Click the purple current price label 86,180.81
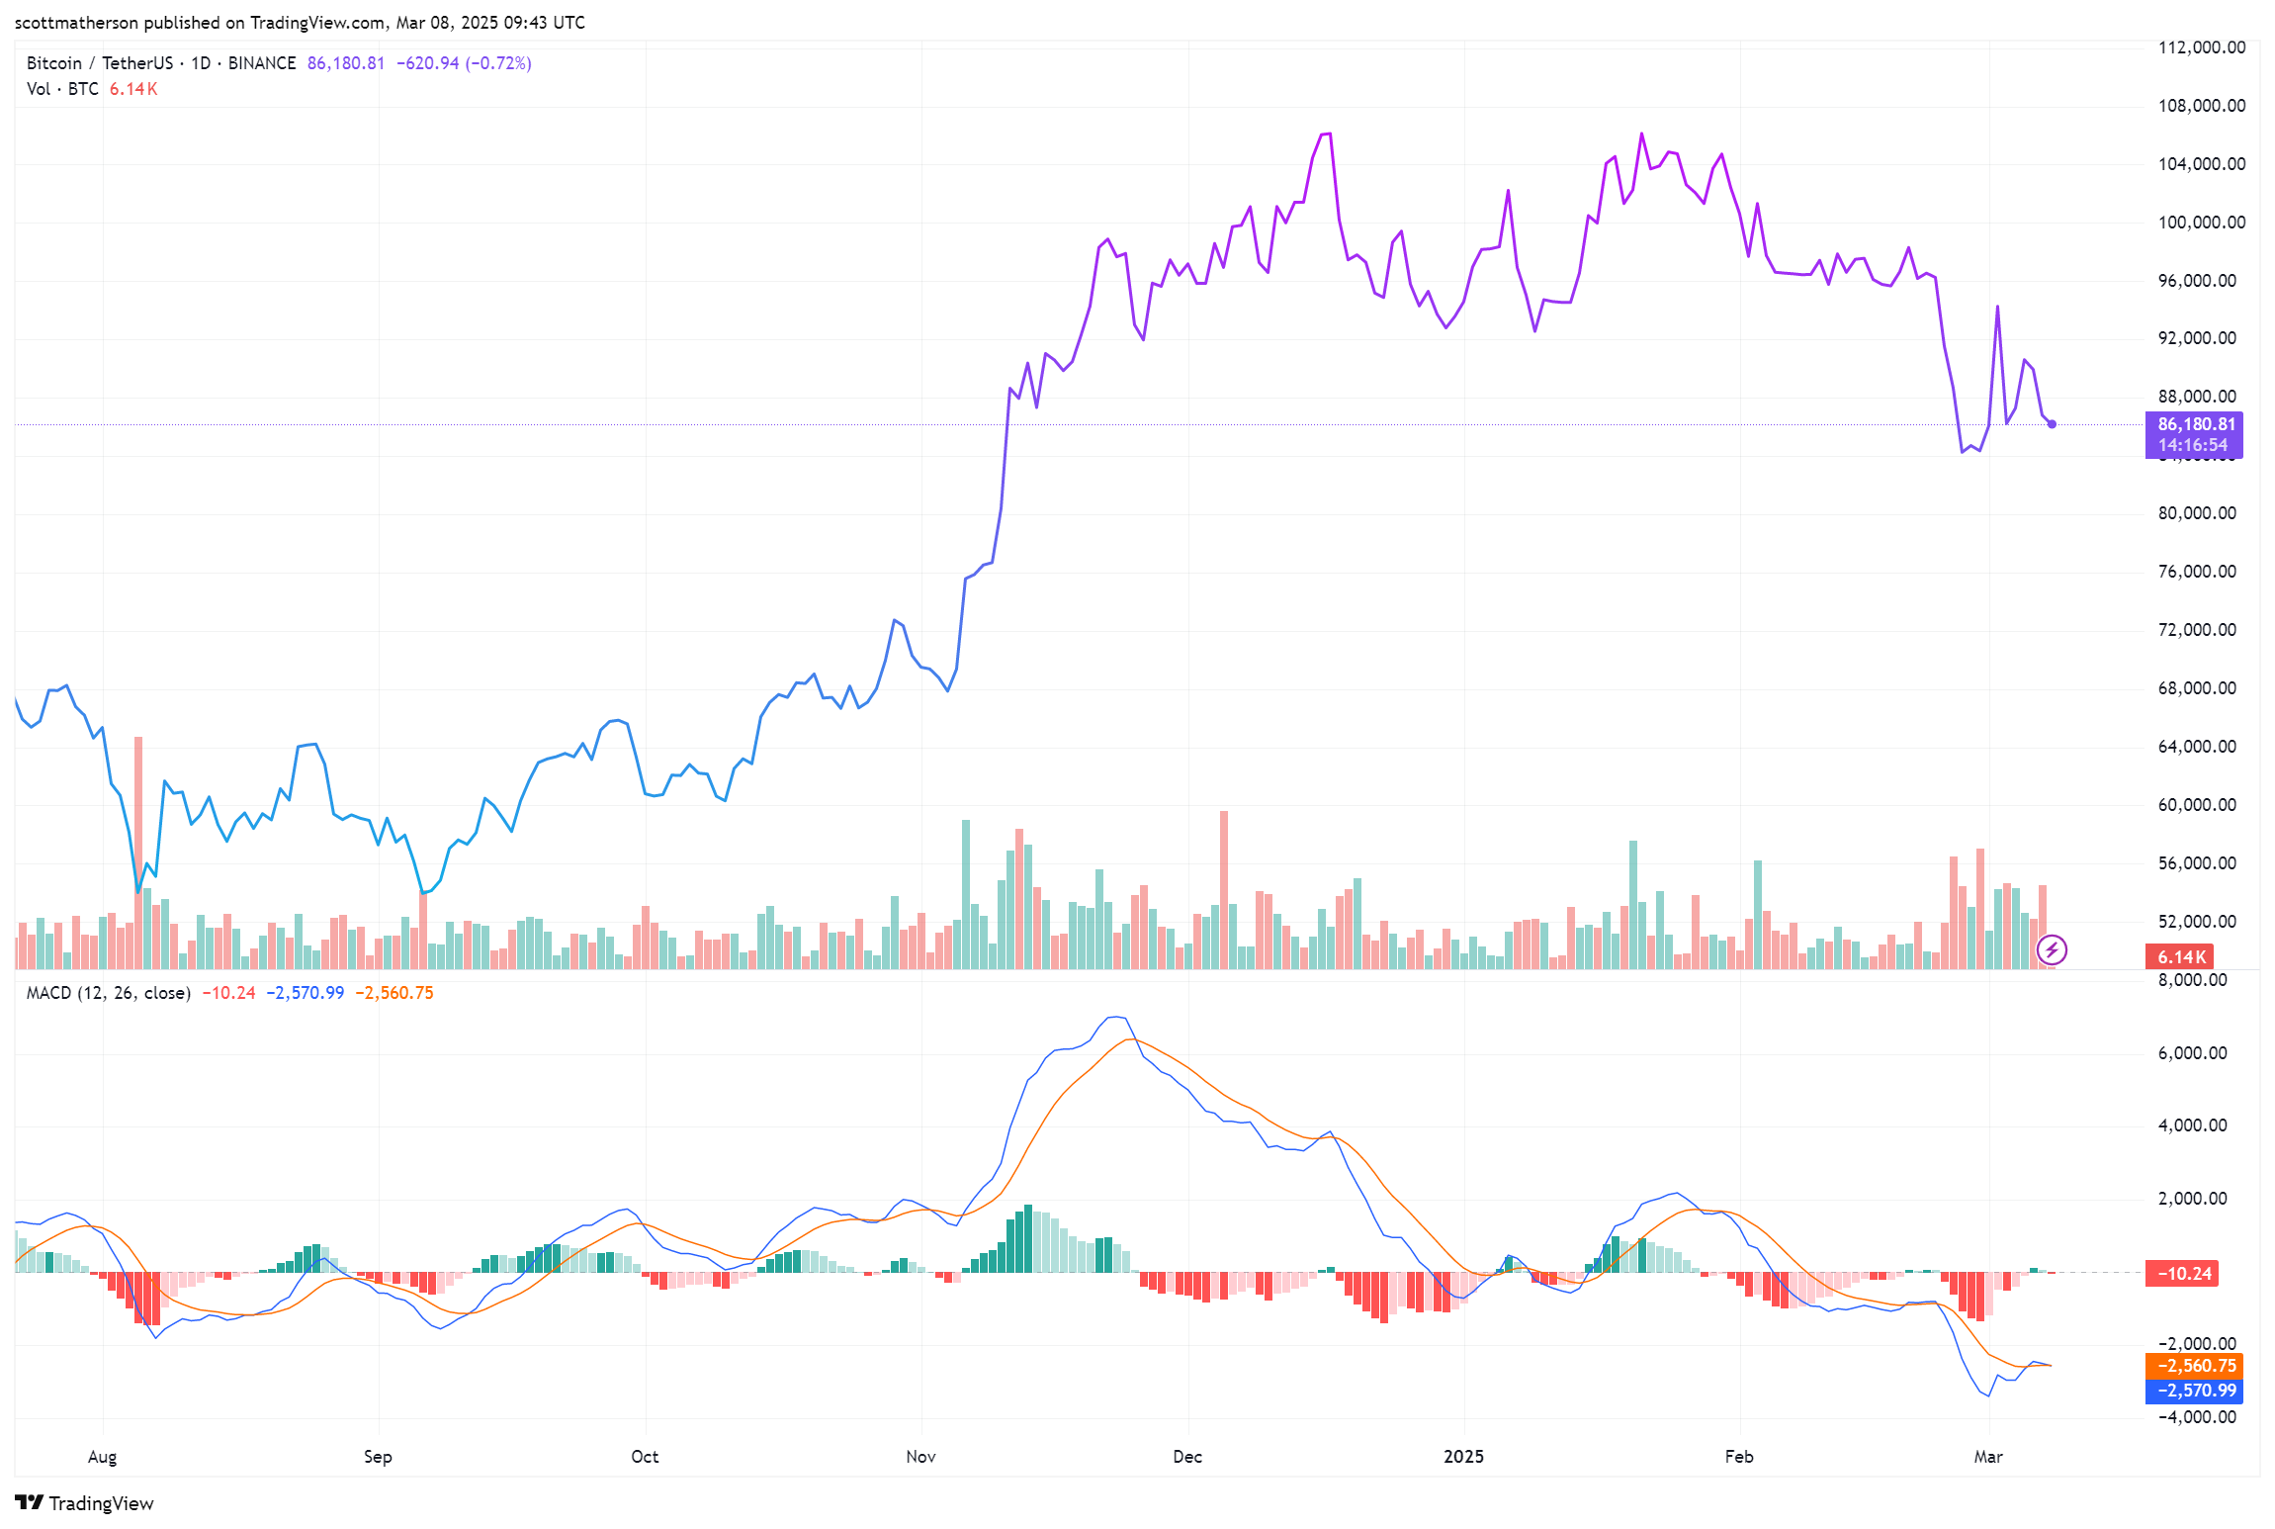pyautogui.click(x=2195, y=424)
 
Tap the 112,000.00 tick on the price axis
pyautogui.click(x=2201, y=47)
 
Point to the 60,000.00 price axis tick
pyautogui.click(x=2196, y=805)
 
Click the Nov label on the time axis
pyautogui.click(x=920, y=1456)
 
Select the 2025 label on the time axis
pyautogui.click(x=1463, y=1456)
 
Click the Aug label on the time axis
pyautogui.click(x=102, y=1456)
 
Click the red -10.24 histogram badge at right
pyautogui.click(x=2182, y=1273)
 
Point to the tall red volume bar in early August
pyautogui.click(x=138, y=851)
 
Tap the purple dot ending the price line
pyautogui.click(x=2053, y=424)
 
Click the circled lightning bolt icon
pyautogui.click(x=2052, y=950)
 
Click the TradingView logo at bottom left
pyautogui.click(x=85, y=1502)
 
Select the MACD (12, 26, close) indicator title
pyautogui.click(x=108, y=992)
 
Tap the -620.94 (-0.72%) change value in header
pyautogui.click(x=464, y=63)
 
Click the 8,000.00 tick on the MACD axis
pyautogui.click(x=2192, y=980)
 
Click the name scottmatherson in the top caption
pyautogui.click(x=76, y=23)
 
